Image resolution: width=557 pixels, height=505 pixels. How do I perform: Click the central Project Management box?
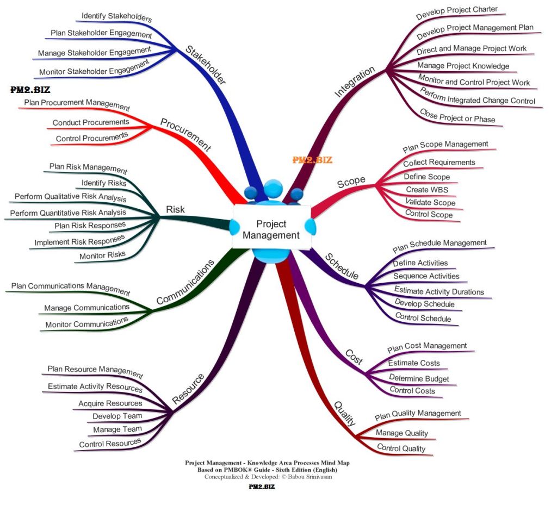tap(271, 229)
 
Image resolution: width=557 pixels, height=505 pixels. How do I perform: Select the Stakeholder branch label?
tap(206, 65)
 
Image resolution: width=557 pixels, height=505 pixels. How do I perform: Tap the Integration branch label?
tap(355, 82)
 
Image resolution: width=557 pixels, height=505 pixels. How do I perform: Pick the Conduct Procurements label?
tap(91, 122)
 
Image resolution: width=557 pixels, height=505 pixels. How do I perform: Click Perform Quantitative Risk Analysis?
tap(68, 213)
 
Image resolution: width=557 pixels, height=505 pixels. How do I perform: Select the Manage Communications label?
tap(86, 308)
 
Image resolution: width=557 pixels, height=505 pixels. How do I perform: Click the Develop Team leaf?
tap(117, 416)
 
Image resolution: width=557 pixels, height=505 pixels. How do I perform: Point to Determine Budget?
tap(419, 378)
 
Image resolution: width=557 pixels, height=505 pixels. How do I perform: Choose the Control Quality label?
tap(401, 448)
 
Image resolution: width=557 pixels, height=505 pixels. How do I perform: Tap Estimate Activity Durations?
tap(438, 291)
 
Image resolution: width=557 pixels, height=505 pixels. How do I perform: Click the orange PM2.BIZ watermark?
tap(312, 160)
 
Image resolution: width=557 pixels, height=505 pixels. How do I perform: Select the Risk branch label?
tap(175, 209)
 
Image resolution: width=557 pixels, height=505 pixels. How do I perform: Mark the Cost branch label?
tap(354, 357)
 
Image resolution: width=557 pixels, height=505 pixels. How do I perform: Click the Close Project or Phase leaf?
tap(457, 116)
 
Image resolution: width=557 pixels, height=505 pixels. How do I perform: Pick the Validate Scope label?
tap(430, 202)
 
